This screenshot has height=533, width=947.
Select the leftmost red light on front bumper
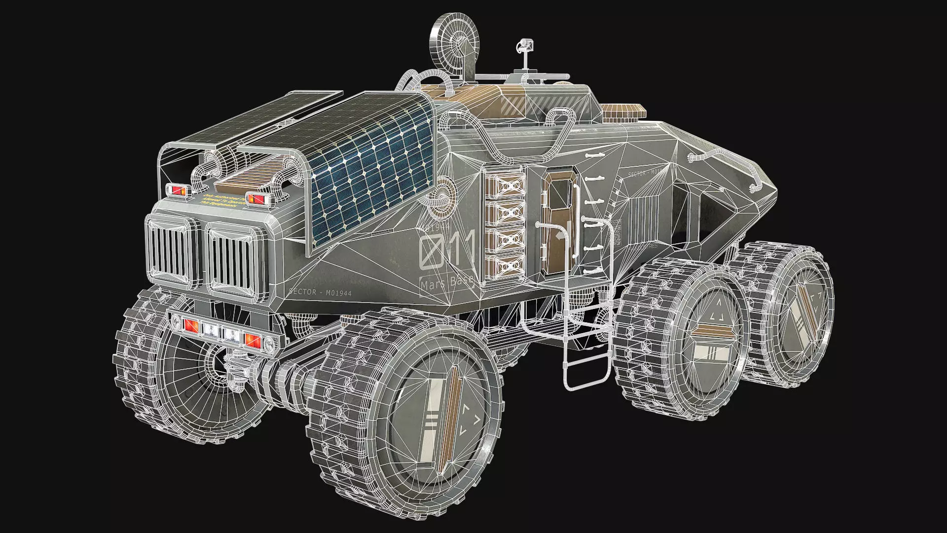coord(190,325)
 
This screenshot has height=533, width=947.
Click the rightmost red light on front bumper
coord(252,340)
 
